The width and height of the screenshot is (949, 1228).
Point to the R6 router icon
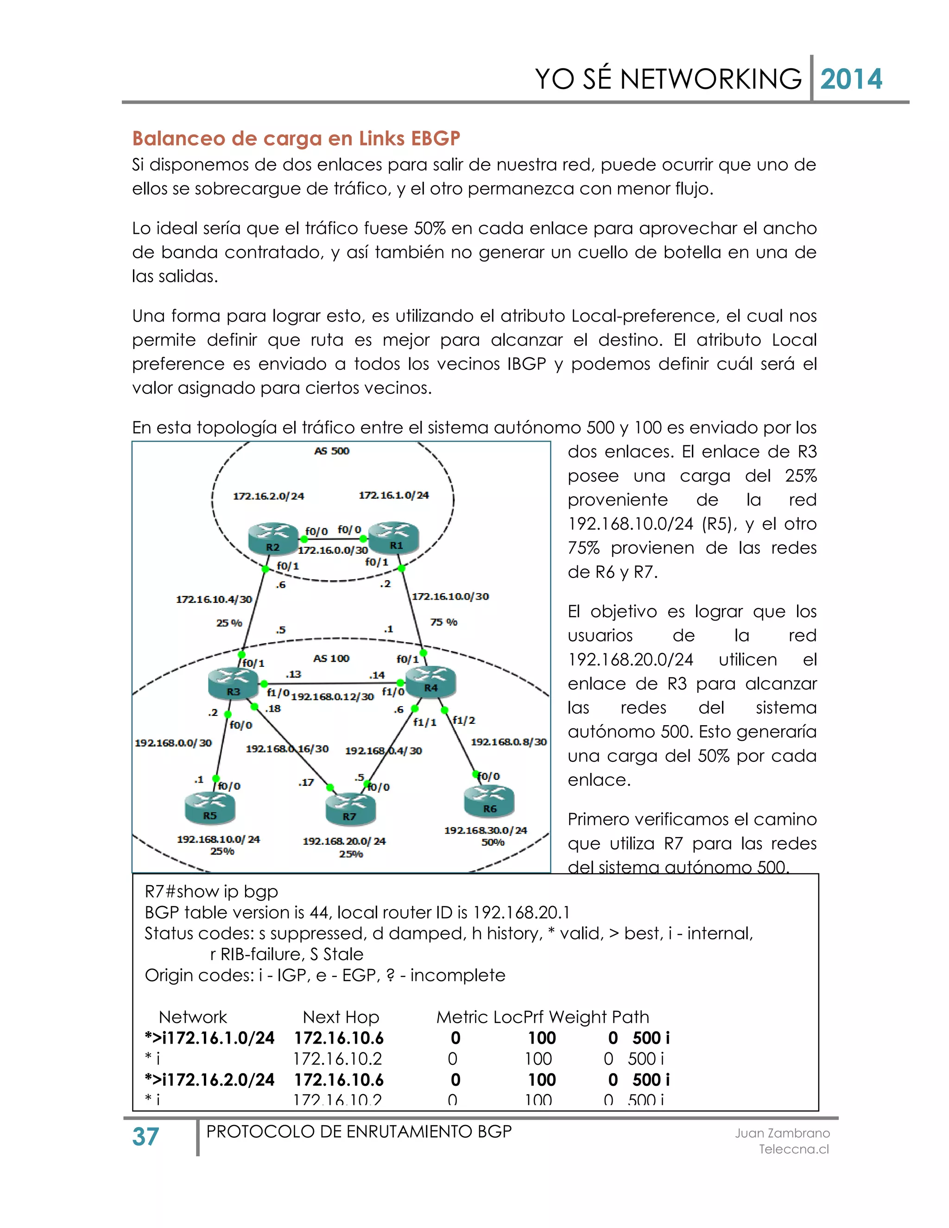tap(489, 801)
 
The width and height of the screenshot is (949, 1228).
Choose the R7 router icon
tap(350, 809)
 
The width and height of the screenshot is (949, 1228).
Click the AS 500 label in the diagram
tap(332, 451)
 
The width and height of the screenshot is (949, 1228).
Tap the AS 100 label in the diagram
tap(331, 658)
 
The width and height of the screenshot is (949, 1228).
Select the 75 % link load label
tap(443, 622)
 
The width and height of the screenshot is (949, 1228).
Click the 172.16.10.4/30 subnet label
tap(214, 599)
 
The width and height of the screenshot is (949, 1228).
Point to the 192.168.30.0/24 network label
tap(486, 830)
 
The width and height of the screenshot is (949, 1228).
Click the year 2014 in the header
tap(851, 79)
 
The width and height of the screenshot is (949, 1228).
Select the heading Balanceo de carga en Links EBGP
tap(296, 138)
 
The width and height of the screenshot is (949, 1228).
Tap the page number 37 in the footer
tap(146, 1137)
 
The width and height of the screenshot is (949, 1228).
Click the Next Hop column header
tap(341, 1017)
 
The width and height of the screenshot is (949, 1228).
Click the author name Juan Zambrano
tap(782, 1133)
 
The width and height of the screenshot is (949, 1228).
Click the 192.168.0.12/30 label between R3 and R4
tap(332, 696)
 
